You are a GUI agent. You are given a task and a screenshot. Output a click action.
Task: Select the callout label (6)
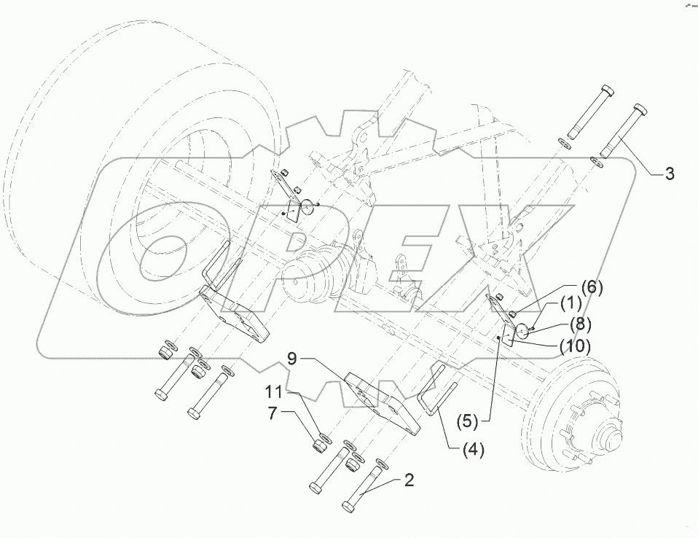pos(592,288)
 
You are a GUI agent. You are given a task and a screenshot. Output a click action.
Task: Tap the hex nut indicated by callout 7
pos(319,445)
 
